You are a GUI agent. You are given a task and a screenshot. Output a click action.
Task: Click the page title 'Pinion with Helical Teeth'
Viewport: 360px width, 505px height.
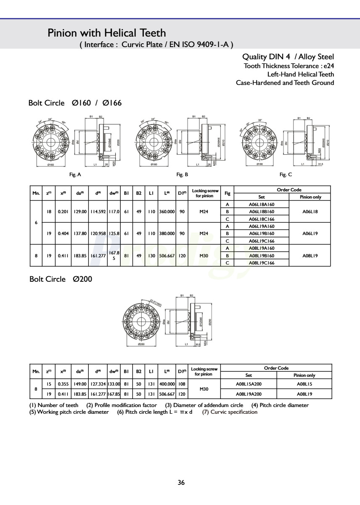107,33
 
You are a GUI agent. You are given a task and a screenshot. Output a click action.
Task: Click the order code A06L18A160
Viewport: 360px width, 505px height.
262,204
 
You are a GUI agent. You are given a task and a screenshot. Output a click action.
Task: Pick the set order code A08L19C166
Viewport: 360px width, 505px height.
262,263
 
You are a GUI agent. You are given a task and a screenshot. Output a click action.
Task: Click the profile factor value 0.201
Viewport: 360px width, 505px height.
63,212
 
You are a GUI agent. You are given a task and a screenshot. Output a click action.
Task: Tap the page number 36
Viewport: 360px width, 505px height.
181,483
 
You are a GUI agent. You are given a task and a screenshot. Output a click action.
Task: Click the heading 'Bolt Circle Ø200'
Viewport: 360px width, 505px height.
61,279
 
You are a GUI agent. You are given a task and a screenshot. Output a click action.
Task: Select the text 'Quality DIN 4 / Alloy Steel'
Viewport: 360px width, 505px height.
288,57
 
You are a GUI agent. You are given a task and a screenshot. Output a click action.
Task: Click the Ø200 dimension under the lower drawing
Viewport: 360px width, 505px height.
142,344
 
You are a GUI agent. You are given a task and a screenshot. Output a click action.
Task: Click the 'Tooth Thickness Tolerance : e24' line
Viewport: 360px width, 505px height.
289,66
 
